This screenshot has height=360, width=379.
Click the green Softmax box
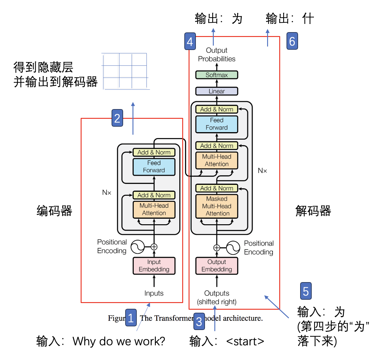216,75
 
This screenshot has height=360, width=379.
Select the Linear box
216,91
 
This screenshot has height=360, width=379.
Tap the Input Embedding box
154,266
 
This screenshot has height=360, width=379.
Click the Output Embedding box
216,266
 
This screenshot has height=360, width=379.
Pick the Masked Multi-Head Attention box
216,206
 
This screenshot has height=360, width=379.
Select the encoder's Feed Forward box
154,167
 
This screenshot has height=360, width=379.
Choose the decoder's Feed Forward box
216,124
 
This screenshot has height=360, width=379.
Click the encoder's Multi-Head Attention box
154,209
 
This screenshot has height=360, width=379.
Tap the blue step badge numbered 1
131,318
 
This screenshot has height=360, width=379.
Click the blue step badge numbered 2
117,118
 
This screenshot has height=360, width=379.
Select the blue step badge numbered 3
199,321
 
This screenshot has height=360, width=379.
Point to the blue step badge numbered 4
190,41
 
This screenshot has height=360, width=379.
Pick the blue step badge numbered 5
306,291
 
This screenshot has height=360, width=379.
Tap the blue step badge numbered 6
292,41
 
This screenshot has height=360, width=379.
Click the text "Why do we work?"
119,341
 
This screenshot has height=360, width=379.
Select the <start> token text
245,341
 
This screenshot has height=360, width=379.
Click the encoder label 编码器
55,211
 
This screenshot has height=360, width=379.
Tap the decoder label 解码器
313,211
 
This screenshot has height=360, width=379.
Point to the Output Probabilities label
216,55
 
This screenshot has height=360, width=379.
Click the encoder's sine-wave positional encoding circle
137,247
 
